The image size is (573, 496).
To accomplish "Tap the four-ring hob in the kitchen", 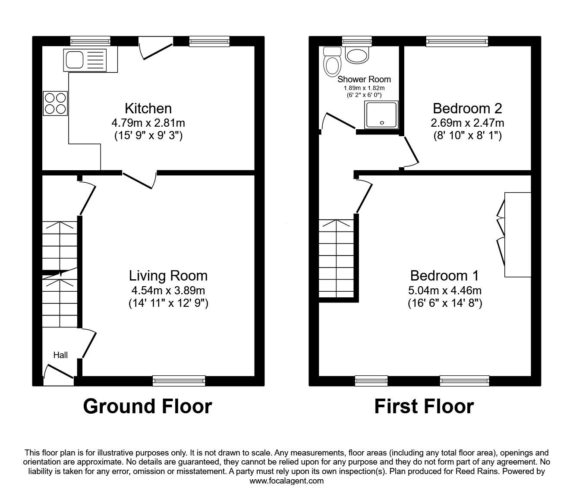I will click(55, 103).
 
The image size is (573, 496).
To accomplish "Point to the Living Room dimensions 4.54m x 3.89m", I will click(168, 290).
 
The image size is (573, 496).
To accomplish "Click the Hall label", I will click(60, 355).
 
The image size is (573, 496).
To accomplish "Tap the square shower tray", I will click(381, 115).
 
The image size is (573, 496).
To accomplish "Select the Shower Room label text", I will click(364, 79).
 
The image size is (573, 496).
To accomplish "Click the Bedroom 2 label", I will click(467, 108).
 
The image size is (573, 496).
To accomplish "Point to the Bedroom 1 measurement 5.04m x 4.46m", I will click(445, 290).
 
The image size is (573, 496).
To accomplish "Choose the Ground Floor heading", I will click(147, 406).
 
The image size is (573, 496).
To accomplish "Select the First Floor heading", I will click(424, 406).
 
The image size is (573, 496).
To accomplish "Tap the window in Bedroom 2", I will click(457, 41).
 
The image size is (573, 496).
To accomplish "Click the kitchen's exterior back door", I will click(155, 48).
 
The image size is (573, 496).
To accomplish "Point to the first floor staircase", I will click(336, 259).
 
